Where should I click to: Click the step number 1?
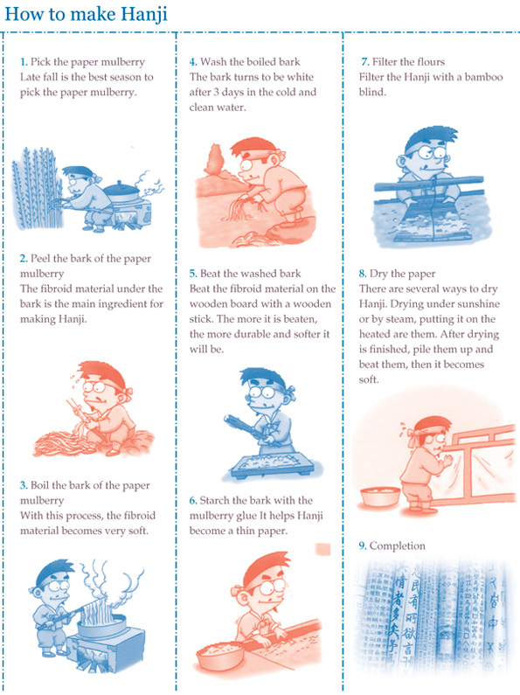click(x=24, y=63)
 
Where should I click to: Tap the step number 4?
click(x=192, y=63)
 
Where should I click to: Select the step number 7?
click(x=364, y=63)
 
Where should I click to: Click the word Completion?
click(x=398, y=546)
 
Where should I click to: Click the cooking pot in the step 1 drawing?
click(x=121, y=194)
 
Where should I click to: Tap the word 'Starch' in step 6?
click(x=218, y=500)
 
